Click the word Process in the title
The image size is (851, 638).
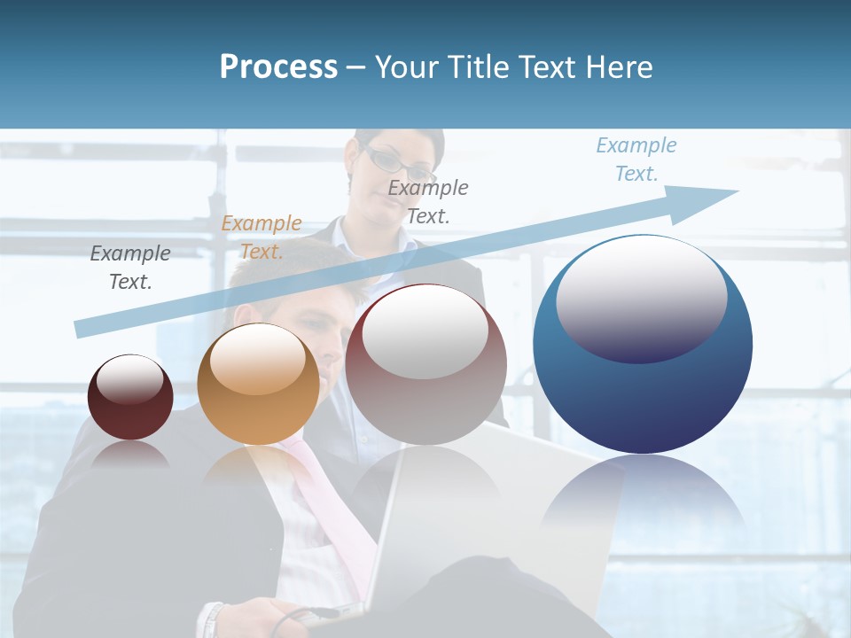[x=278, y=67]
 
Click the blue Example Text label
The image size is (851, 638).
[x=636, y=159]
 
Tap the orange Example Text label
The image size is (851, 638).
[x=262, y=237]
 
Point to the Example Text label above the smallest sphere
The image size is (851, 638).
[x=130, y=267]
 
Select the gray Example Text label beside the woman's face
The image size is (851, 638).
[x=428, y=201]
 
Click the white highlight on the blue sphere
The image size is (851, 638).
[x=641, y=297]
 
